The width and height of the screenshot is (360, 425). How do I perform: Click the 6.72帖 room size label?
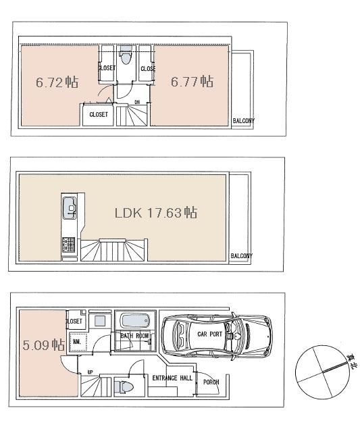pyautogui.click(x=56, y=82)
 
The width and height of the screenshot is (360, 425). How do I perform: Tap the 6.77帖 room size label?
pyautogui.click(x=192, y=82)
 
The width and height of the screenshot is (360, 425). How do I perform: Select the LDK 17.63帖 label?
pyautogui.click(x=155, y=213)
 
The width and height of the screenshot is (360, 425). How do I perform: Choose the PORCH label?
pyautogui.click(x=211, y=382)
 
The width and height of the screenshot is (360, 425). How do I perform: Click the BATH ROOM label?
pyautogui.click(x=134, y=335)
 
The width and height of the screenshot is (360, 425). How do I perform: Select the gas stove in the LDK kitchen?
pyautogui.click(x=69, y=245)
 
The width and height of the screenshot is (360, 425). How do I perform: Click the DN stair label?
pyautogui.click(x=137, y=103)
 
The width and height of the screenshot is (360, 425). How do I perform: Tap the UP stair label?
pyautogui.click(x=89, y=372)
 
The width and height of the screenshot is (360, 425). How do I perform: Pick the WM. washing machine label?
pyautogui.click(x=77, y=343)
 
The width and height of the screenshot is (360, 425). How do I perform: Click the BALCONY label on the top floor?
pyautogui.click(x=243, y=122)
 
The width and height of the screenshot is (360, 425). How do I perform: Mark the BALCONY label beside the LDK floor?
pyautogui.click(x=241, y=256)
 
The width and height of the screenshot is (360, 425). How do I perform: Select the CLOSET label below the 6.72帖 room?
pyautogui.click(x=98, y=114)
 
